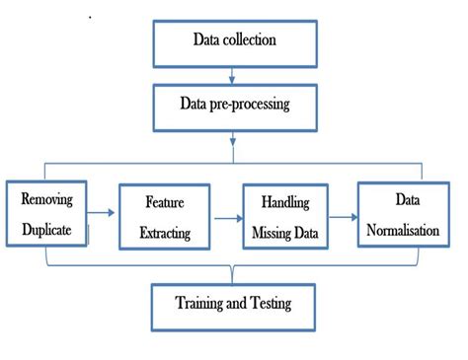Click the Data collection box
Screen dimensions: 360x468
234,40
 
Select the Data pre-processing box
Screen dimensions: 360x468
234,104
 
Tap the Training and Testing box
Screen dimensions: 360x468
234,304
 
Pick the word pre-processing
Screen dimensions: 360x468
252,104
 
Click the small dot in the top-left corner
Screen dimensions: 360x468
91,17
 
